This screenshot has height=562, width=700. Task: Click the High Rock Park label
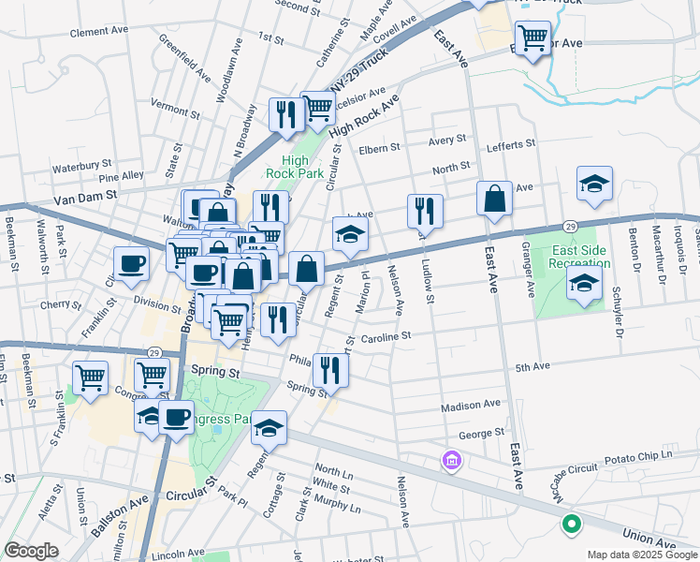[x=294, y=167]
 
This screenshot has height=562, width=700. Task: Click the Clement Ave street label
[x=98, y=31]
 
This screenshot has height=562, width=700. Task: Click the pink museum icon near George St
[x=452, y=461]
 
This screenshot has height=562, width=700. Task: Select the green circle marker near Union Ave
[x=572, y=526]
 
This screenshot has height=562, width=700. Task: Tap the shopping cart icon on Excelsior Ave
[x=532, y=38]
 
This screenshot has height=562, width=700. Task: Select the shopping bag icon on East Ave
[x=494, y=199]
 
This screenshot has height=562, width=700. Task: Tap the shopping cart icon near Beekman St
[x=90, y=378]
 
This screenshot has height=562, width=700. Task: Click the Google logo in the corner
[x=31, y=551]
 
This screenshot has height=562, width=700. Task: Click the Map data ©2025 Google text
[x=641, y=555]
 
